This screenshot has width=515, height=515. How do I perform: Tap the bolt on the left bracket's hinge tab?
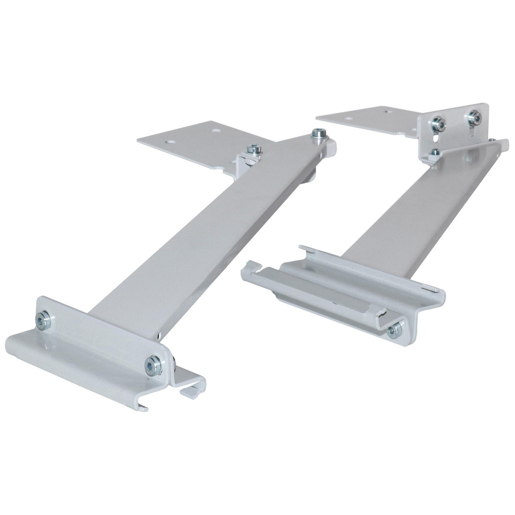pos(253,149)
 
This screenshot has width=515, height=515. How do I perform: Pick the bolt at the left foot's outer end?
pos(44,320)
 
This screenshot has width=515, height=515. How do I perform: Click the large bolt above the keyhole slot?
pos(438,124)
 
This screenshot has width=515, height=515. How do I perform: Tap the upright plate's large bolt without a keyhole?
pos(474,118)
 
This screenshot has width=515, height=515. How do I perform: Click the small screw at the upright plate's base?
pos(435,152)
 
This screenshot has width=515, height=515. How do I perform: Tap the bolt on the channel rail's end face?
pos(395,330)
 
